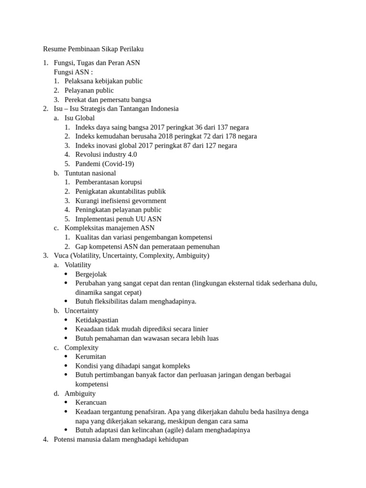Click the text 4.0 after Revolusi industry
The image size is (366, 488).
[x=131, y=154]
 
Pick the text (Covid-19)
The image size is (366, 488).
[x=118, y=164]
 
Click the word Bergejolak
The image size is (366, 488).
[x=91, y=274]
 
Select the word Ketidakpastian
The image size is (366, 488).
[x=97, y=320]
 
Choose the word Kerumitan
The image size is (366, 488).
[x=91, y=356]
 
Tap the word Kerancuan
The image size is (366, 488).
[x=91, y=402]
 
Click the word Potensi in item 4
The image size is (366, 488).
[x=65, y=439]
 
